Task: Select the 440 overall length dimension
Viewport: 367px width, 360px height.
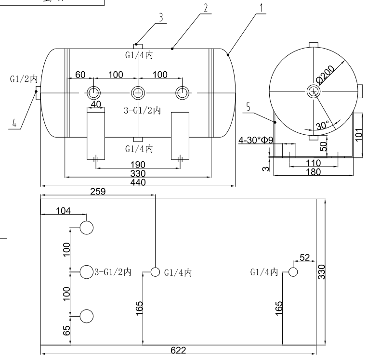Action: (138, 182)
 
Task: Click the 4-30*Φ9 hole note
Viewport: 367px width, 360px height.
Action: (256, 140)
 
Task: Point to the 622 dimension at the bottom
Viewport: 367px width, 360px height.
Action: (178, 350)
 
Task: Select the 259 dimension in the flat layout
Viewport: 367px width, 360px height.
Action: (98, 191)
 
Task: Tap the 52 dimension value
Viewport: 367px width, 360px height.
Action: (304, 258)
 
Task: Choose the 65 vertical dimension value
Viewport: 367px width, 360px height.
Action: (67, 331)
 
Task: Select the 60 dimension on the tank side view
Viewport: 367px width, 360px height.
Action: (80, 75)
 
